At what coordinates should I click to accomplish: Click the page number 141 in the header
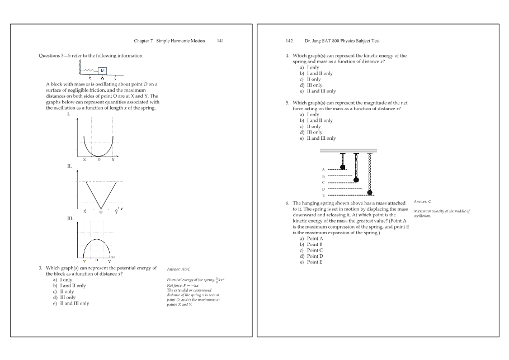tap(220, 41)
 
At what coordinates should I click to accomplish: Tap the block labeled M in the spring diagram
tap(102, 70)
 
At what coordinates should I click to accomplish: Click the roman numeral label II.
tap(69, 166)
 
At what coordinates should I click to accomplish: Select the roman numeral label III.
tap(70, 218)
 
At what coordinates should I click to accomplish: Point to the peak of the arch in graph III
tap(97, 239)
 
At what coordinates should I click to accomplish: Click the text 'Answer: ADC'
tap(178, 269)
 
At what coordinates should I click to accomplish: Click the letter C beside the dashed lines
tap(323, 182)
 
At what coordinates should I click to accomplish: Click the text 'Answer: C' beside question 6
tap(423, 201)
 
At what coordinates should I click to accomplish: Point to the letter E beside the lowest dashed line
tap(323, 195)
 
